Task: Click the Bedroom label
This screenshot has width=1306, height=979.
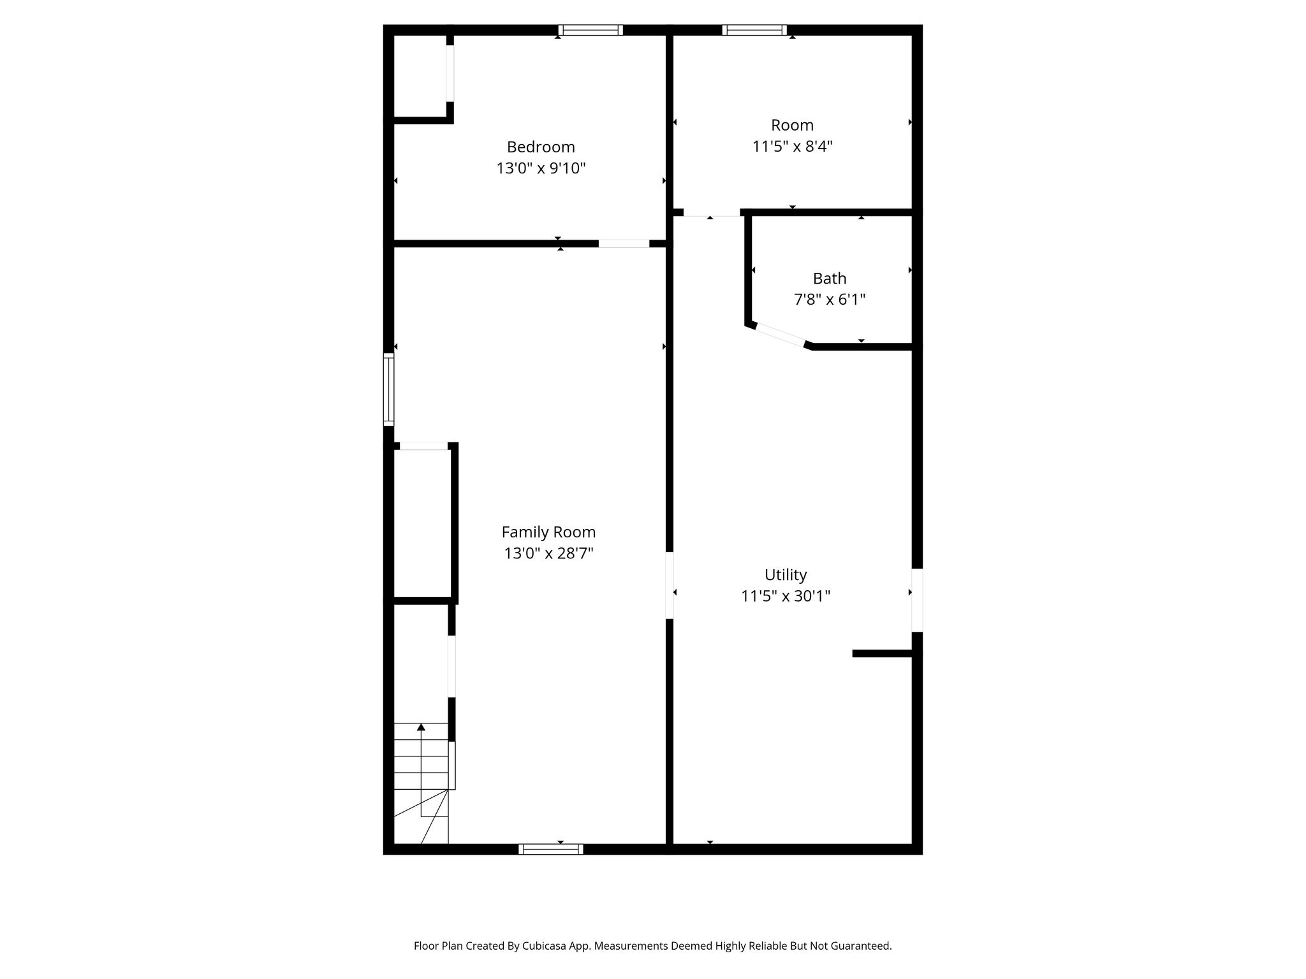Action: click(x=541, y=147)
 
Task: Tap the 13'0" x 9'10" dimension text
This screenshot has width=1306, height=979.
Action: click(x=541, y=168)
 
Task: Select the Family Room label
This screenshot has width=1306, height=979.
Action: click(x=548, y=532)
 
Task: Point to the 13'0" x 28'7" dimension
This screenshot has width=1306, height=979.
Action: click(x=548, y=553)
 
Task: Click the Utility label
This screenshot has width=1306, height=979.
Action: click(x=786, y=575)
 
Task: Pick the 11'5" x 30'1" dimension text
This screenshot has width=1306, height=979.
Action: click(x=786, y=596)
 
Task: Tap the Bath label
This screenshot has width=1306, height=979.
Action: click(x=830, y=279)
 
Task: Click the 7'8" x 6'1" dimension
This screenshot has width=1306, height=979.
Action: click(x=830, y=300)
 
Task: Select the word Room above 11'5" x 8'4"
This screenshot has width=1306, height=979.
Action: click(x=792, y=125)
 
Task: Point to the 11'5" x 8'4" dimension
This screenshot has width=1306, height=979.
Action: click(x=792, y=147)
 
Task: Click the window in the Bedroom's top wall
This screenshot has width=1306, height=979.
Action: click(x=591, y=30)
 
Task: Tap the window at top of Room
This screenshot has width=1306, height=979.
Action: click(x=754, y=30)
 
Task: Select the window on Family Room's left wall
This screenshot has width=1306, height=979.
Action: click(x=388, y=389)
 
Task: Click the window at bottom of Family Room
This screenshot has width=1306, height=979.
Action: click(x=551, y=849)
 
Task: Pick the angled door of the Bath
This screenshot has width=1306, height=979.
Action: click(x=780, y=335)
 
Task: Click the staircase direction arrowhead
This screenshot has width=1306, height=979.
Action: click(x=421, y=727)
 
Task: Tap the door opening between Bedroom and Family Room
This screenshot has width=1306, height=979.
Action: click(x=624, y=243)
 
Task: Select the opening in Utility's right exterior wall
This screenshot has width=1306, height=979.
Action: click(x=917, y=600)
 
